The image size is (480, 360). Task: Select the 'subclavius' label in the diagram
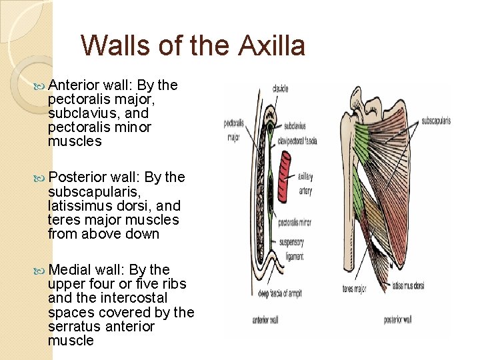[295, 125]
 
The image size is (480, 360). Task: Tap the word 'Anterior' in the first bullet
[74, 85]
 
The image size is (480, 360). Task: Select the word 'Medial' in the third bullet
[71, 269]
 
